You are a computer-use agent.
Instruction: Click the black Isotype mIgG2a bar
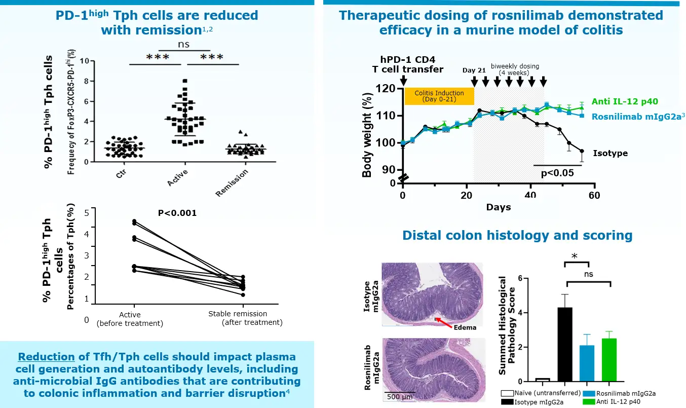pyautogui.click(x=564, y=344)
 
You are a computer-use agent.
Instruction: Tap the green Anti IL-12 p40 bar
pyautogui.click(x=609, y=360)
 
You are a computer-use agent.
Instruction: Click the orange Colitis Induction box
pyautogui.click(x=439, y=96)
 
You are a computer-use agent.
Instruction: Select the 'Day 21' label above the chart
pyautogui.click(x=474, y=70)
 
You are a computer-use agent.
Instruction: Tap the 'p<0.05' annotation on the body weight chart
pyautogui.click(x=557, y=172)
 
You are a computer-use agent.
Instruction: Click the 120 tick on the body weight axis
pyautogui.click(x=388, y=89)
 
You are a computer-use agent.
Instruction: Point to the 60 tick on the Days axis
pyautogui.click(x=594, y=195)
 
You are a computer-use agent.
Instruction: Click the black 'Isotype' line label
pyautogui.click(x=610, y=153)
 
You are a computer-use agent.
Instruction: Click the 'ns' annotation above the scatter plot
pyautogui.click(x=184, y=45)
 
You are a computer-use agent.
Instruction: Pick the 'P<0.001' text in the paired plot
pyautogui.click(x=177, y=213)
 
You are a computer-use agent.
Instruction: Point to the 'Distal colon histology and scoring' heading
pyautogui.click(x=517, y=235)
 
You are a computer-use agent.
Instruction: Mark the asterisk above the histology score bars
pyautogui.click(x=575, y=256)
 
